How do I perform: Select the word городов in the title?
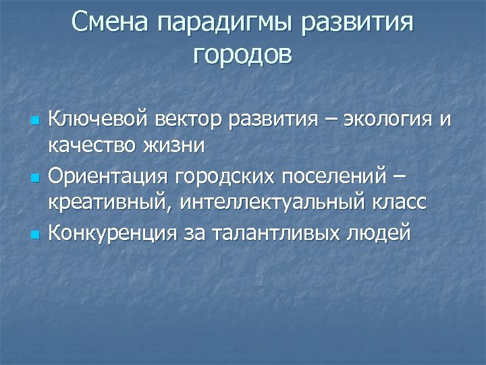pos(243,55)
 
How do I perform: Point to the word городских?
pos(221,177)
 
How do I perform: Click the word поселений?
pos(330,177)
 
